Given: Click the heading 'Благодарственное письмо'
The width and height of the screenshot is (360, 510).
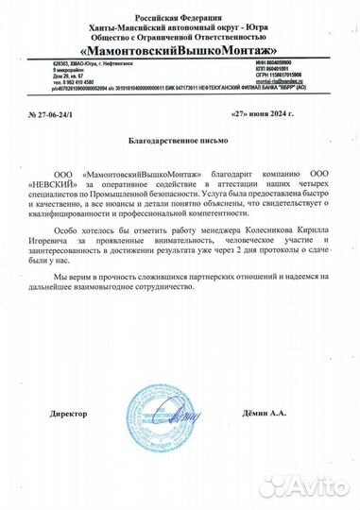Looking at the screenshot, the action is (x=179, y=140).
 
